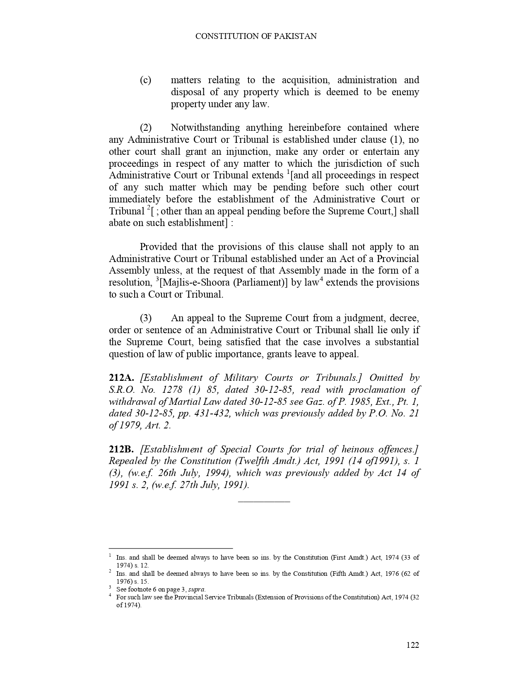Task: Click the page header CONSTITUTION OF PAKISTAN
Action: tap(256, 36)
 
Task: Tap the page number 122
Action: tap(412, 645)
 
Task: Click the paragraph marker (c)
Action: tap(145, 80)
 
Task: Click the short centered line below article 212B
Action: tap(264, 502)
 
